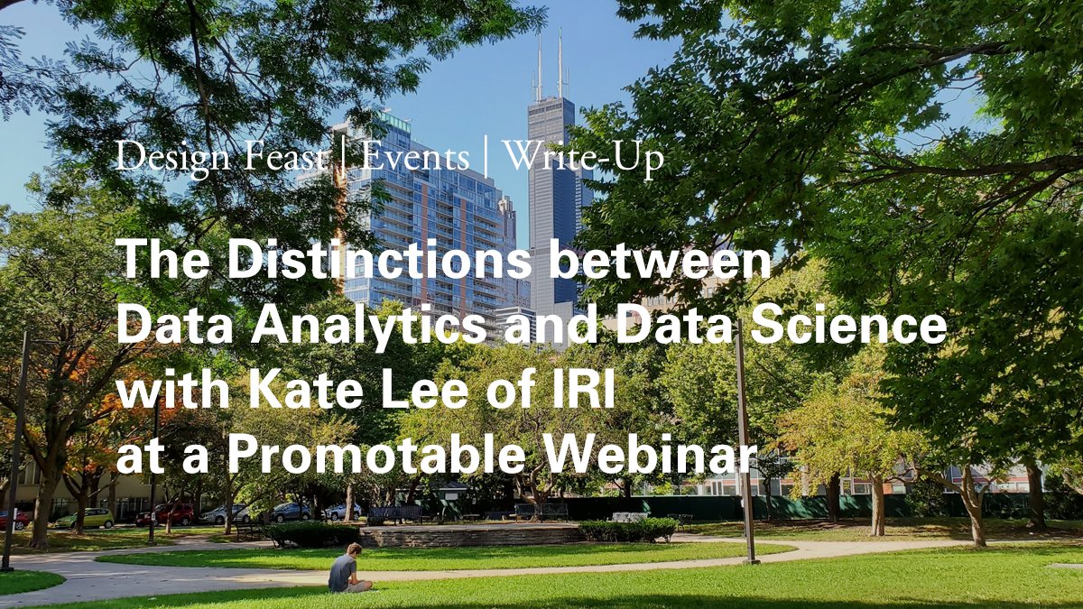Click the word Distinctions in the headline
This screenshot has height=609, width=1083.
[379, 261]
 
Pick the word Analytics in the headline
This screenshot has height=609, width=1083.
[366, 327]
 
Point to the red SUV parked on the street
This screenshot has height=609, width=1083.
[166, 514]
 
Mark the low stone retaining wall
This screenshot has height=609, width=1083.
[469, 535]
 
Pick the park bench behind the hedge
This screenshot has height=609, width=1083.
[394, 513]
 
